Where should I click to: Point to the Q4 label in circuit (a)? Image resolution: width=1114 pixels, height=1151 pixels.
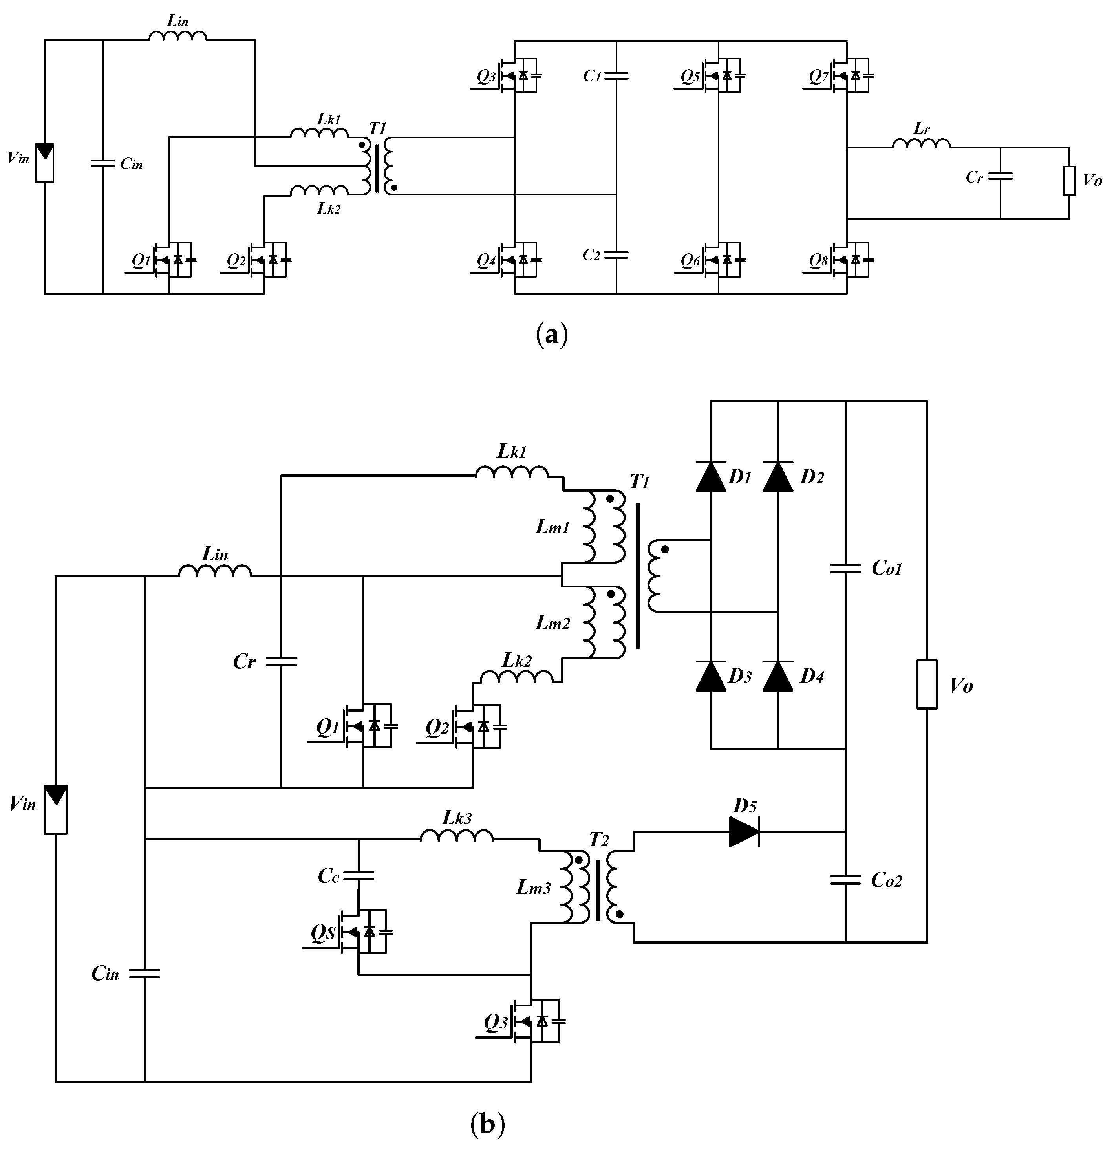tap(486, 260)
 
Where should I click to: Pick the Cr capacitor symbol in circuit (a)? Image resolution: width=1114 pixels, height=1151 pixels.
tap(1000, 176)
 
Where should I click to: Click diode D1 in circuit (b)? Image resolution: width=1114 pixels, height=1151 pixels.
tap(711, 476)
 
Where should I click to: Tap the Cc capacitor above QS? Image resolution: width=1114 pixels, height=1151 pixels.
tap(358, 876)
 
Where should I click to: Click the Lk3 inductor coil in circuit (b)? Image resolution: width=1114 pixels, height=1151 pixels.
tap(456, 836)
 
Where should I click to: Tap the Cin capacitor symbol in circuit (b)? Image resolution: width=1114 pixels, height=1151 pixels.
tap(144, 974)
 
